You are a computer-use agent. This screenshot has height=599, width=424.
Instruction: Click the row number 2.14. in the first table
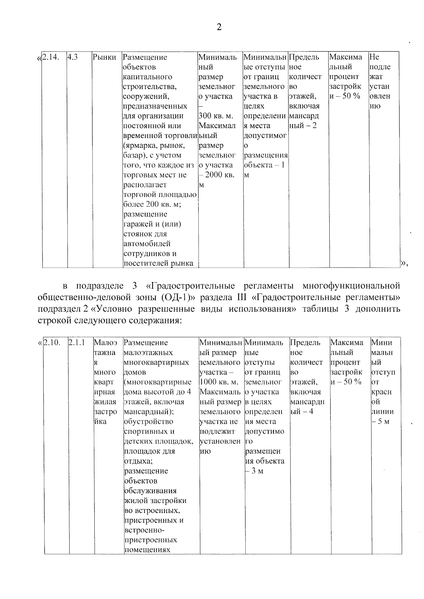pos(50,57)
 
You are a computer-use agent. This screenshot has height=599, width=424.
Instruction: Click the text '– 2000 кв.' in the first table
pos(216,175)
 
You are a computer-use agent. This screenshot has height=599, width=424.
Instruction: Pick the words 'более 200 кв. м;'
pos(152,205)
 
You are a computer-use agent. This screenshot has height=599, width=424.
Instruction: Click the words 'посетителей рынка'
pos(158,264)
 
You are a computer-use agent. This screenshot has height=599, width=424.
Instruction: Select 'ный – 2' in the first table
pos(302,126)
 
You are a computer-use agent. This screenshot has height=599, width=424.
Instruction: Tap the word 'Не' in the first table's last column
pos(374,57)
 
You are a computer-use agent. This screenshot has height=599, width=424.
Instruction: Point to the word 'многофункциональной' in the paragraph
pos(351,286)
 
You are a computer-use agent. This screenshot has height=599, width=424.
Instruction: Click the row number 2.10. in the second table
pos(52,343)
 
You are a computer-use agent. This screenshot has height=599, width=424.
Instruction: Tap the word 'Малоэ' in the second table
pos(105,343)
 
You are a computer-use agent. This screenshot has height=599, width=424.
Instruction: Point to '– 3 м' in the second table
pos(254,471)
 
